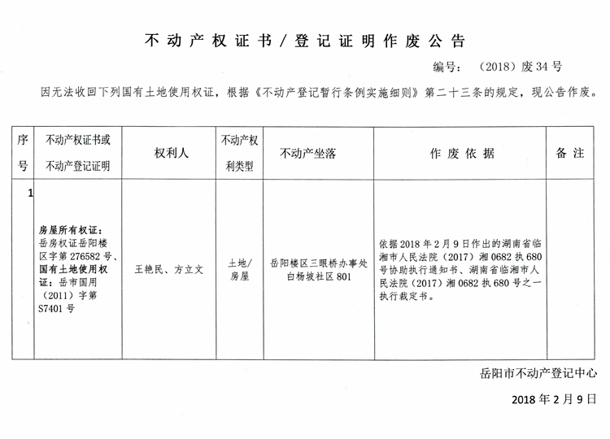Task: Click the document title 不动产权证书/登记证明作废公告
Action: [x=304, y=41]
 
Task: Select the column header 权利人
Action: [x=167, y=153]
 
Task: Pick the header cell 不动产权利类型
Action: [x=239, y=153]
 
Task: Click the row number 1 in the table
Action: [x=30, y=193]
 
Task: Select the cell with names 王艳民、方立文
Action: [x=168, y=267]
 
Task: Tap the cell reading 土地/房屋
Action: [x=239, y=269]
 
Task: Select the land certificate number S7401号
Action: [x=56, y=309]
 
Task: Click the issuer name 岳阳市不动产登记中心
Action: [x=538, y=375]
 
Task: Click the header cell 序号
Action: [x=24, y=153]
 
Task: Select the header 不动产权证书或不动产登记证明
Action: [x=78, y=153]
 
